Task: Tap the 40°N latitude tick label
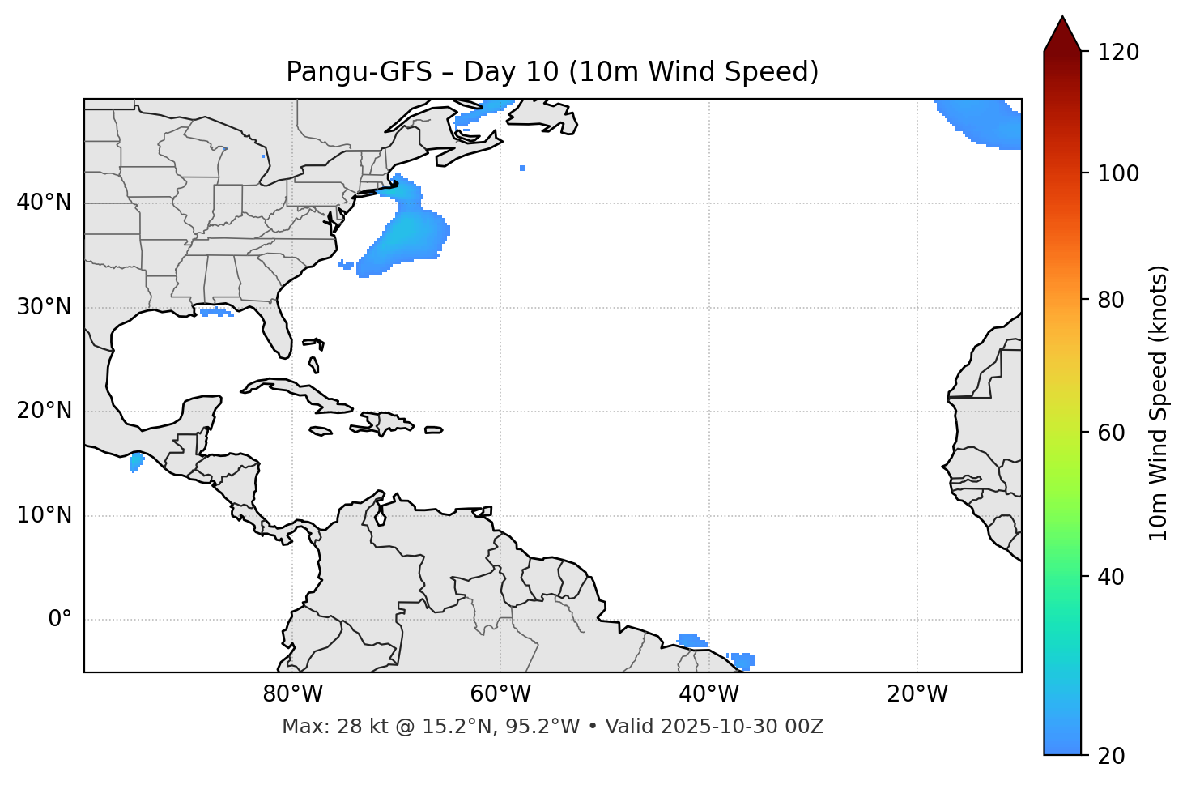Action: click(x=44, y=203)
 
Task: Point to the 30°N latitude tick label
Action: click(x=44, y=307)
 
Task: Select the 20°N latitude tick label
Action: click(x=44, y=411)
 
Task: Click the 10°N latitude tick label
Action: click(x=44, y=515)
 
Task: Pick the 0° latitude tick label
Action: click(x=60, y=620)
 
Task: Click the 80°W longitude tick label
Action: click(x=292, y=694)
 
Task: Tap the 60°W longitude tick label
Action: click(x=500, y=694)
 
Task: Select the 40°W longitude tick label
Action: click(x=708, y=694)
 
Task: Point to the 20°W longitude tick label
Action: click(x=917, y=694)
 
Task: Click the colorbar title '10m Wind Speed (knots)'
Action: click(x=1159, y=403)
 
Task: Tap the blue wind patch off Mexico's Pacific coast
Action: click(x=136, y=463)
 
